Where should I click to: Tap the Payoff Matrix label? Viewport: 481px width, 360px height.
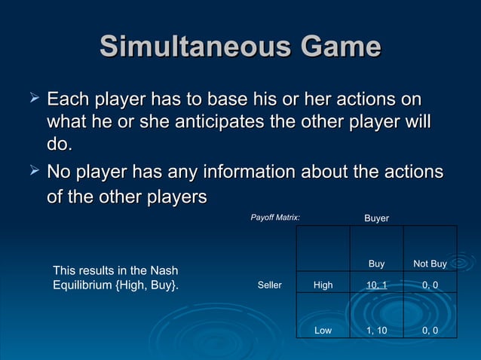275,218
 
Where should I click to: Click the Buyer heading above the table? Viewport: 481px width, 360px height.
376,218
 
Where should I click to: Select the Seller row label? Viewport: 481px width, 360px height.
269,285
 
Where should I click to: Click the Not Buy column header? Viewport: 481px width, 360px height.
430,264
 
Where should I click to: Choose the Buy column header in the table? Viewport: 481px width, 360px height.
376,264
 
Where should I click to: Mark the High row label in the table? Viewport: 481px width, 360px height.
323,285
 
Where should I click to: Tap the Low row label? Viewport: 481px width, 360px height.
323,330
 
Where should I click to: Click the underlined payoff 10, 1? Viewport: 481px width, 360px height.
376,285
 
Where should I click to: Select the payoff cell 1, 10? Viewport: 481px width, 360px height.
376,330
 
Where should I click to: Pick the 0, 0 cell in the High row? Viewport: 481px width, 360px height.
430,285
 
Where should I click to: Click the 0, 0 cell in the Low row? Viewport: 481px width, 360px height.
430,330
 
